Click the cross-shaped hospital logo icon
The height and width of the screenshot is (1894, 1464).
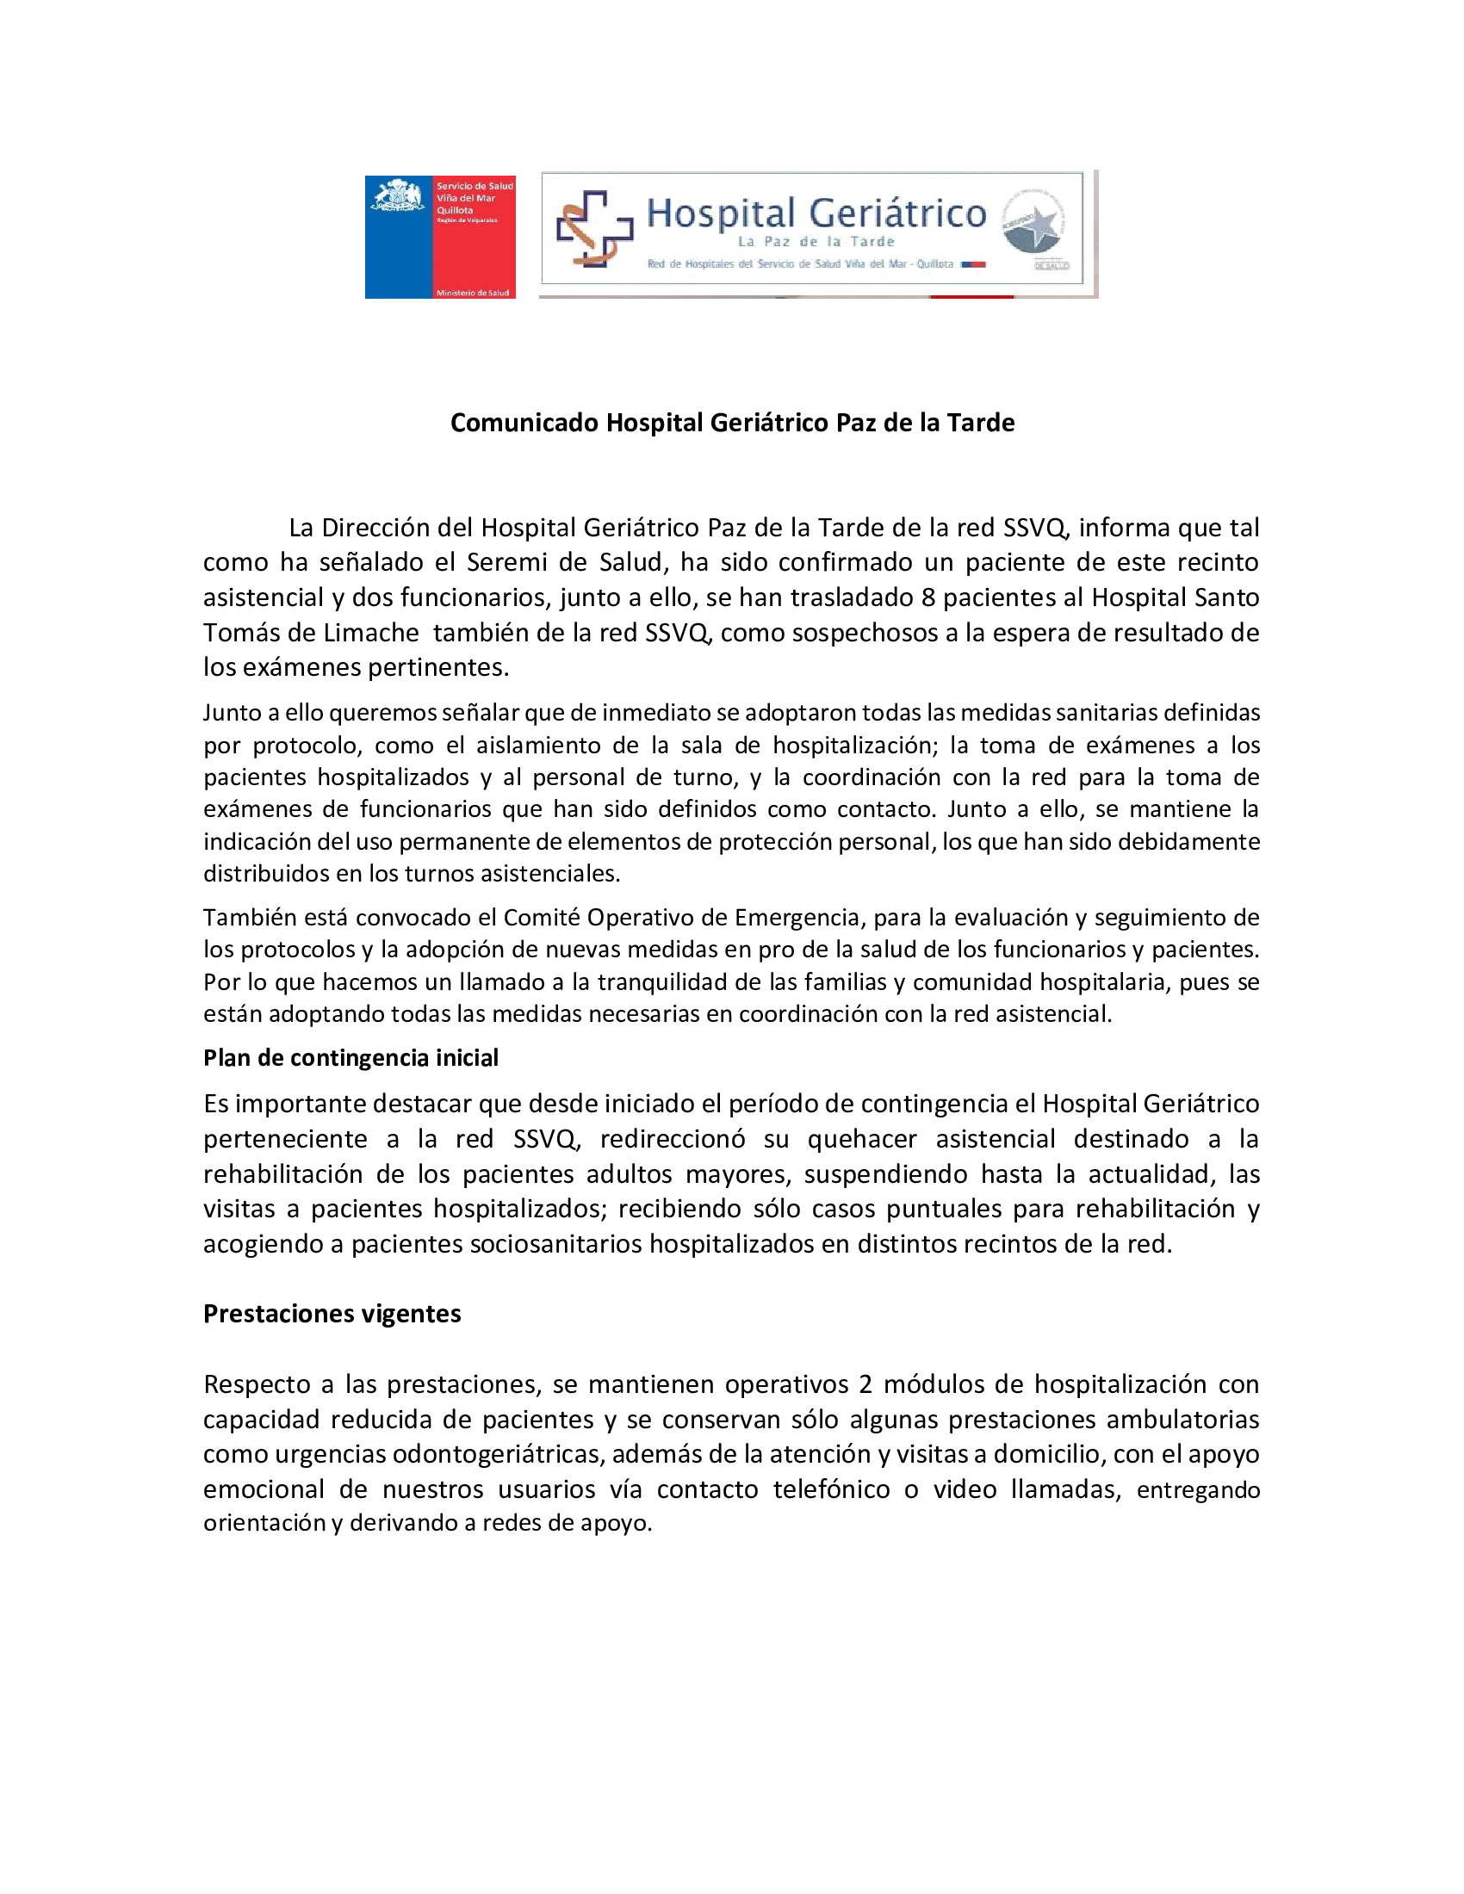tap(594, 228)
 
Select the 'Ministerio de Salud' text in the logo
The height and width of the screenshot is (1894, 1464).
tap(473, 293)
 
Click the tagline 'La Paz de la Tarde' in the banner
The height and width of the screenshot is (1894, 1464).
tap(816, 242)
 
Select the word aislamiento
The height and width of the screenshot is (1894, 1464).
tap(536, 746)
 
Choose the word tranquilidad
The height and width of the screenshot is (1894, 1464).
tap(662, 981)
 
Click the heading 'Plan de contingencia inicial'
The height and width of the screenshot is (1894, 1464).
tap(350, 1058)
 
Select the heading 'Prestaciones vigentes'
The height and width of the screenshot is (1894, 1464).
tap(332, 1314)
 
